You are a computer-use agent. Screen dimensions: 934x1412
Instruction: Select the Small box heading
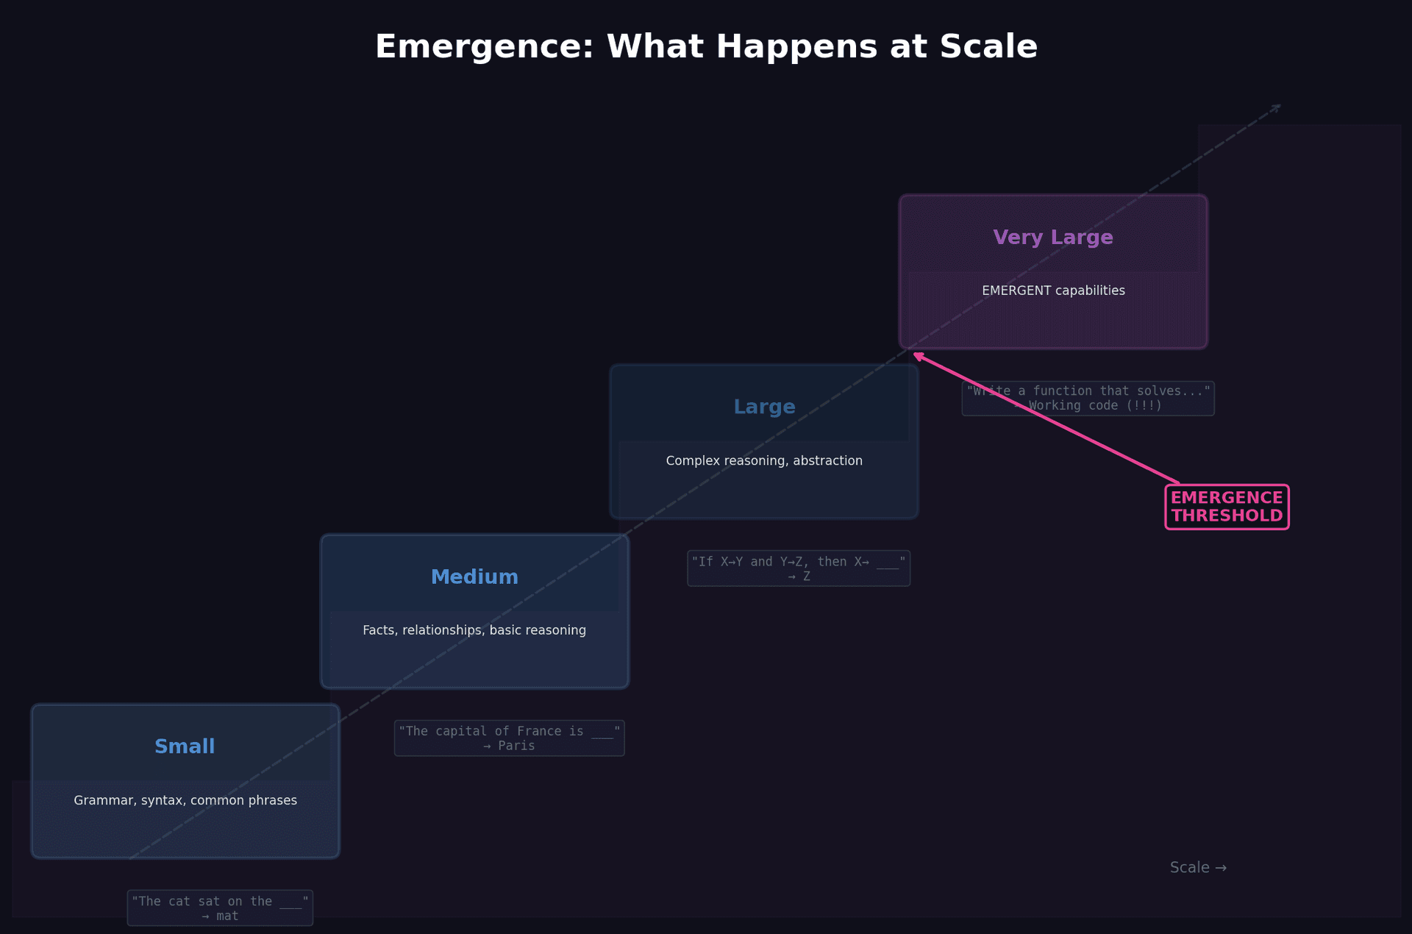point(185,746)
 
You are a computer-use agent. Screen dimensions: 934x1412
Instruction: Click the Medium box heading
point(474,577)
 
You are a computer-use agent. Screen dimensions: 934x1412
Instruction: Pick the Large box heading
point(764,407)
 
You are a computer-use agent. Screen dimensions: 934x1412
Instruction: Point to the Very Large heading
point(1053,238)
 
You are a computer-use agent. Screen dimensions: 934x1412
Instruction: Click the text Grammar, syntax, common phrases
point(185,800)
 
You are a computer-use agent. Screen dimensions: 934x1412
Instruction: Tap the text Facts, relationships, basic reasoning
point(474,630)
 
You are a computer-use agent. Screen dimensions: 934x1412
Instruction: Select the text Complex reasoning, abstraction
point(764,460)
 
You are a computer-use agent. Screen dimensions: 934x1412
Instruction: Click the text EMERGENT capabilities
point(1053,290)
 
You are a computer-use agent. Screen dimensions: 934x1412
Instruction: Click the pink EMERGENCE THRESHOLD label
point(1227,507)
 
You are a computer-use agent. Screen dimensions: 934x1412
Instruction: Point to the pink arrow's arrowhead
point(917,355)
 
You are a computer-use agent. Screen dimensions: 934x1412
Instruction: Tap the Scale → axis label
point(1198,868)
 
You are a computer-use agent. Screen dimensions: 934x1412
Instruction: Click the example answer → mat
point(221,916)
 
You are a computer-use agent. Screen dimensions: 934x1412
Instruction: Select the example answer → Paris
point(509,746)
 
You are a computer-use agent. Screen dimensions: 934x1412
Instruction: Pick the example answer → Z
point(799,577)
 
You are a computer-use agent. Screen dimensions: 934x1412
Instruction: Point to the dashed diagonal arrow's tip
point(1280,106)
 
